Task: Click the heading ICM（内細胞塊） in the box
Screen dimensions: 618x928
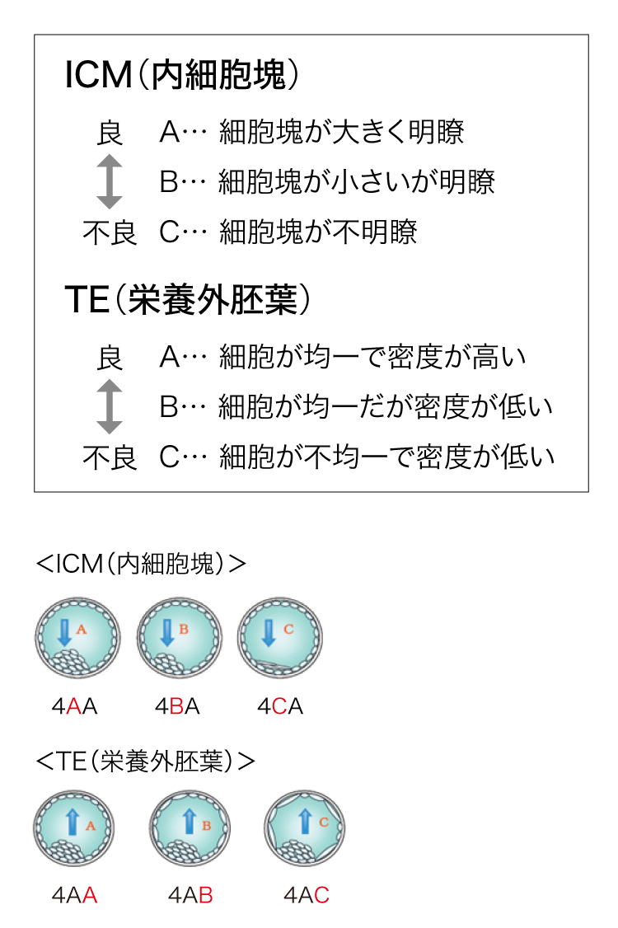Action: (x=182, y=74)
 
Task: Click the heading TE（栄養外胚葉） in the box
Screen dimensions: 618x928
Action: (x=188, y=299)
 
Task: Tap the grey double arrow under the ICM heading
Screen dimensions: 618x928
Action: (x=109, y=181)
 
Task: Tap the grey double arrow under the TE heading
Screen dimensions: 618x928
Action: (x=109, y=406)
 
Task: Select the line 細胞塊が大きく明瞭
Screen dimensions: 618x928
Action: (x=342, y=131)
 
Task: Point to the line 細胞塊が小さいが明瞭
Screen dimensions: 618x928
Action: (x=356, y=181)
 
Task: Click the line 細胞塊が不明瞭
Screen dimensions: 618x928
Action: (x=318, y=232)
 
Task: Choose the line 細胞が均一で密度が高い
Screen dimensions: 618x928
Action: (x=372, y=357)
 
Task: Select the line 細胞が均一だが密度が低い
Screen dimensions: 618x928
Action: (x=386, y=406)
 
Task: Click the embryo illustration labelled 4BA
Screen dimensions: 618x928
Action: (x=180, y=638)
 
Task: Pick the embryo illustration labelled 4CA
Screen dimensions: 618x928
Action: (x=280, y=638)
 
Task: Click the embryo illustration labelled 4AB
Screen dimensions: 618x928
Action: (x=190, y=828)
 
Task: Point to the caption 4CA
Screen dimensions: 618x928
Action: (x=280, y=706)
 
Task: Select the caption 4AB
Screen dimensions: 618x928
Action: (x=190, y=895)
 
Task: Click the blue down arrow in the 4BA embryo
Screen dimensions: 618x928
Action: (x=167, y=633)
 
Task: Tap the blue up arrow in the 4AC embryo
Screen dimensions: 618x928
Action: (x=305, y=822)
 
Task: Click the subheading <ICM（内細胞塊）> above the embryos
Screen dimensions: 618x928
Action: (x=141, y=564)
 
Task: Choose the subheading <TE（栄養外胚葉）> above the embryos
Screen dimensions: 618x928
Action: (x=146, y=761)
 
